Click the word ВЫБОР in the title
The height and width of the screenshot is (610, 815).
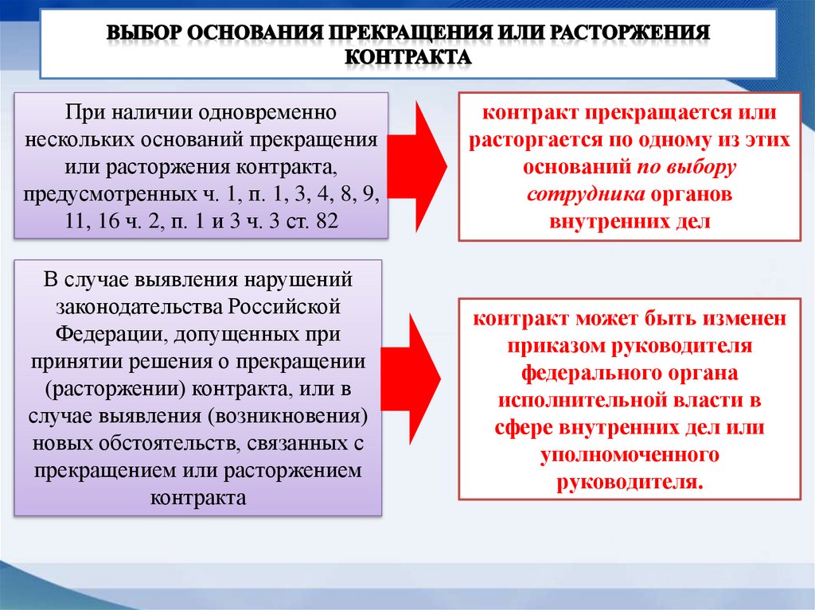146,34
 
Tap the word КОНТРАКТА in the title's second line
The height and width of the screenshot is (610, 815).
408,57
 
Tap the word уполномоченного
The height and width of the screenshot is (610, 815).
630,455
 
